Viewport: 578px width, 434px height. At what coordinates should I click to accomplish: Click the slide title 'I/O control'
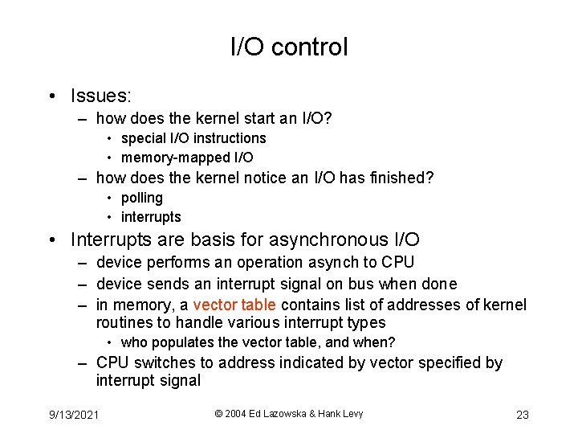click(289, 47)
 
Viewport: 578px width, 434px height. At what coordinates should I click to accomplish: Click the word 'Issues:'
click(100, 96)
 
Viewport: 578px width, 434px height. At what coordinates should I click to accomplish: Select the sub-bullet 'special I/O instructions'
click(193, 138)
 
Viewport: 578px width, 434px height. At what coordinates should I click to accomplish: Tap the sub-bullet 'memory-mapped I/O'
click(187, 158)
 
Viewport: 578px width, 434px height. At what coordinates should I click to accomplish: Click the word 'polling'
click(142, 198)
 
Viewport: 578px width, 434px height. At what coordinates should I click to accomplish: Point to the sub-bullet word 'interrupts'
click(151, 217)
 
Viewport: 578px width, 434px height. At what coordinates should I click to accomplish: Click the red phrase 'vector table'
click(234, 305)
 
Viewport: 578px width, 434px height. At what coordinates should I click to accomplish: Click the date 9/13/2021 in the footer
click(73, 415)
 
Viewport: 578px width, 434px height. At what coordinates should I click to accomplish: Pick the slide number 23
click(522, 415)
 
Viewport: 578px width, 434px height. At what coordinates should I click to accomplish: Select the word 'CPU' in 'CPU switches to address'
click(112, 362)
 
